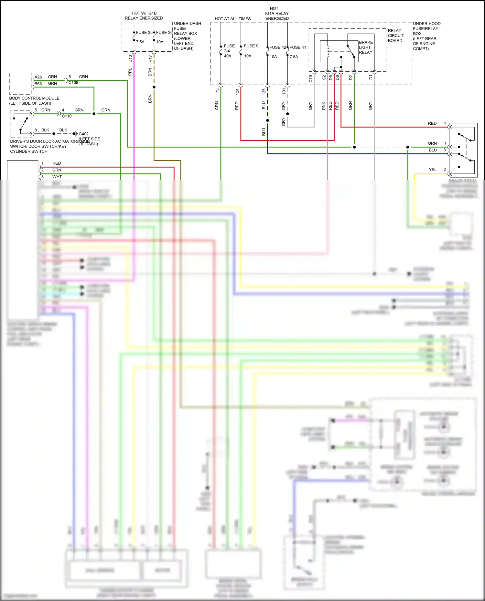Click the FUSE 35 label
coord(144,33)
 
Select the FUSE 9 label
coord(251,46)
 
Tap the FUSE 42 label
coord(278,47)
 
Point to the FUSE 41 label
coord(297,47)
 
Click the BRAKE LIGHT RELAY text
coord(366,47)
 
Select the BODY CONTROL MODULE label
coord(34,98)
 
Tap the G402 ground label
coord(83,134)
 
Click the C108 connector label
coord(73,83)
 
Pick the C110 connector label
coord(67,116)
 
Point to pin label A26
coord(38,77)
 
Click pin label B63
coord(38,84)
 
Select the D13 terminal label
coord(130,59)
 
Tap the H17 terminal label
coord(150,59)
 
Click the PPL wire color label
coord(130,72)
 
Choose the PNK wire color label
coord(324,106)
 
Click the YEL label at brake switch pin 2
coord(432,170)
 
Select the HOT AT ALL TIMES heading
coord(232,19)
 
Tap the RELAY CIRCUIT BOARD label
coord(395,36)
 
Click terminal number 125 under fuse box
coord(264,91)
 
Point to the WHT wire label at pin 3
coord(57,177)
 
